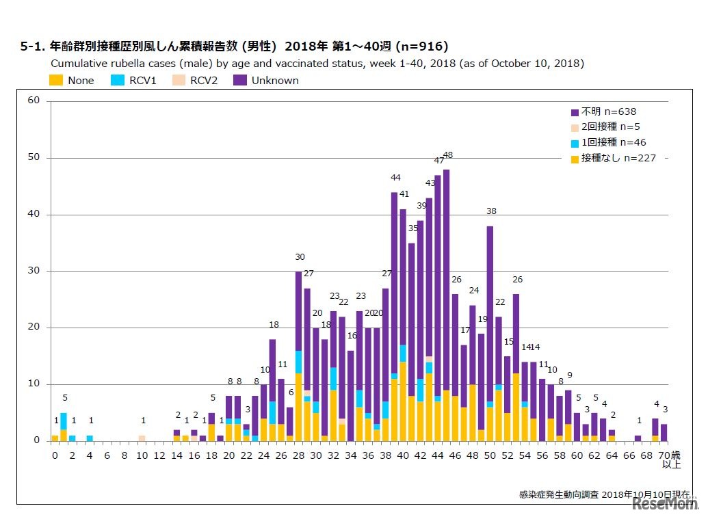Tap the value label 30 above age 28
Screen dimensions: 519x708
[x=300, y=257]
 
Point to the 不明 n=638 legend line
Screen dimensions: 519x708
[x=607, y=111]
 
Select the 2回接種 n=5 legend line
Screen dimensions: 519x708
[x=610, y=127]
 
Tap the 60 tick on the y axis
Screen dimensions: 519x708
[x=34, y=101]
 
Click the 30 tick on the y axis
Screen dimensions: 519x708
[x=34, y=271]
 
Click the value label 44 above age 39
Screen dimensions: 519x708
[x=395, y=178]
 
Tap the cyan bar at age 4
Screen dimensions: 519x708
[x=90, y=438]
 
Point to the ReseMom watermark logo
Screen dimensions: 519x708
[x=664, y=504]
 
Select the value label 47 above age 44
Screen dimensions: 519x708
[x=439, y=161]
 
